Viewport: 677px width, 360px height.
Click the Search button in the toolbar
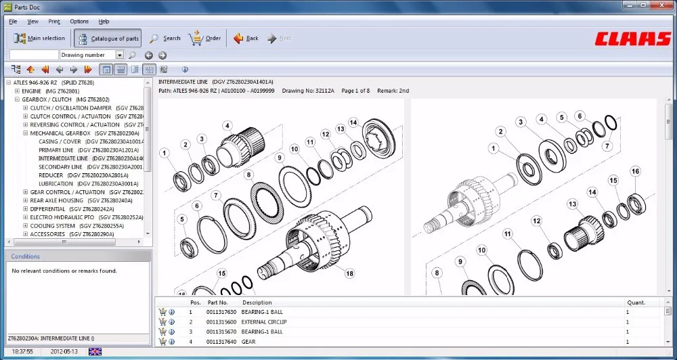(x=165, y=39)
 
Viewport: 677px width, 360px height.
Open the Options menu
(x=79, y=22)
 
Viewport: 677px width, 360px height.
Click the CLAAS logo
(x=632, y=39)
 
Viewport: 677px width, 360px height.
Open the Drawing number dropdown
(x=120, y=55)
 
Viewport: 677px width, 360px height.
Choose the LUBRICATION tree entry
(x=56, y=183)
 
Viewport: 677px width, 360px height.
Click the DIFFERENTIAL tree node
(x=47, y=209)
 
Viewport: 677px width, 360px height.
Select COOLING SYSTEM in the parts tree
(x=52, y=226)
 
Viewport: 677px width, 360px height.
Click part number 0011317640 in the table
(x=221, y=342)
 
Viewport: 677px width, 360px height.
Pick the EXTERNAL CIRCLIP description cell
(x=264, y=322)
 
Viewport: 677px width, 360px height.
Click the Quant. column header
(x=635, y=302)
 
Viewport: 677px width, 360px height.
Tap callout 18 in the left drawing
(x=349, y=274)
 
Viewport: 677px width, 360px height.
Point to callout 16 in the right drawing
(x=635, y=172)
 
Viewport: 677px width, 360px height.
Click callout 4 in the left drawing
(x=227, y=125)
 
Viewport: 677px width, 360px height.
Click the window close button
(x=664, y=6)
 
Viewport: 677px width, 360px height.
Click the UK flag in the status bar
(x=95, y=352)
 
